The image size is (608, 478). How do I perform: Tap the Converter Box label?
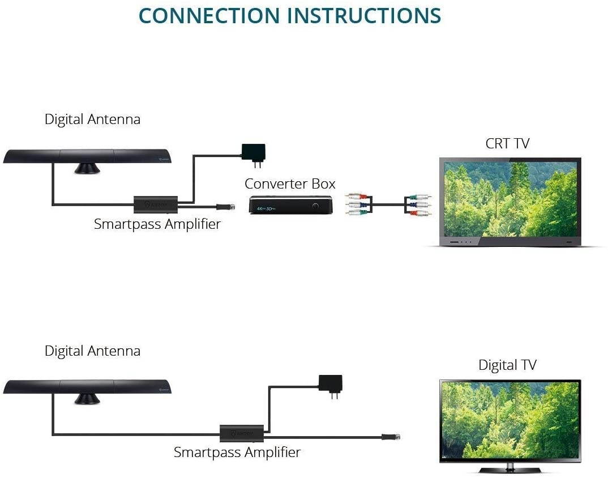coord(290,183)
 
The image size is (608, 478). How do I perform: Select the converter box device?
coord(290,204)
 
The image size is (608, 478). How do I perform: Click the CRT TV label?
coord(507,143)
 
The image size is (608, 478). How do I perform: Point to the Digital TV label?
coord(507,365)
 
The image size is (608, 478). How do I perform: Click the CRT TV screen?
coord(511,199)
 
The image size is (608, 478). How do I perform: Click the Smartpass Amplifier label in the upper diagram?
coord(157,224)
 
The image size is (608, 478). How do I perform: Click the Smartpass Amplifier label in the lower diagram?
coord(237,452)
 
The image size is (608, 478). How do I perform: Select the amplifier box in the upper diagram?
coord(156,203)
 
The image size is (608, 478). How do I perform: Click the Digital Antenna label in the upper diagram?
coord(92,119)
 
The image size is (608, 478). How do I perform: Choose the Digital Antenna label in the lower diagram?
coord(92,351)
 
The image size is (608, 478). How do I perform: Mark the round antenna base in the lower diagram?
coord(87,399)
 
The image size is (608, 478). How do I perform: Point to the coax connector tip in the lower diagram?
coord(391,437)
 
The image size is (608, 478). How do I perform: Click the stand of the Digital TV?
coord(509,469)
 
